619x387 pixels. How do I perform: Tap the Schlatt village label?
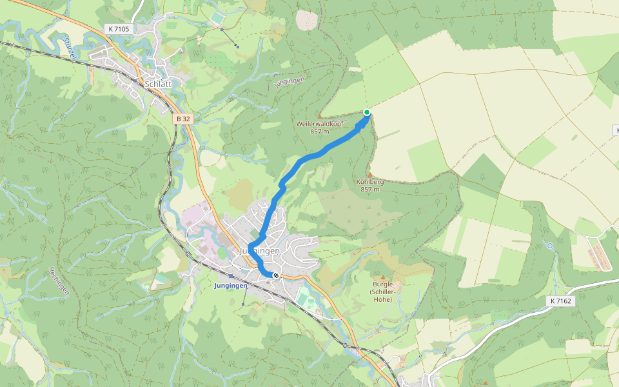click(158, 84)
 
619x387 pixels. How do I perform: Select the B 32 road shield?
click(184, 119)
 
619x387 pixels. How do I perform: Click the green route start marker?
click(367, 112)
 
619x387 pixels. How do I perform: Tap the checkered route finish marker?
click(276, 275)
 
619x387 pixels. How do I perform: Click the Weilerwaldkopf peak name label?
click(320, 124)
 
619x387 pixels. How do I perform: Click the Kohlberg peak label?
click(369, 182)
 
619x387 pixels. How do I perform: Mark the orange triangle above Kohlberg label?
click(369, 175)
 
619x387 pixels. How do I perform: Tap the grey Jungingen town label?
click(260, 250)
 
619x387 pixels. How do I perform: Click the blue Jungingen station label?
click(231, 285)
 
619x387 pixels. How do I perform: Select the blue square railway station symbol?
click(231, 276)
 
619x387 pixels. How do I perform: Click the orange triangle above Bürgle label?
click(382, 277)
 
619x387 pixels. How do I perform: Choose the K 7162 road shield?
click(562, 301)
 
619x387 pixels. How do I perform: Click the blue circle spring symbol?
click(549, 246)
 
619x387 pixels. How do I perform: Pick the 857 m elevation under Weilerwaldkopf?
click(320, 131)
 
